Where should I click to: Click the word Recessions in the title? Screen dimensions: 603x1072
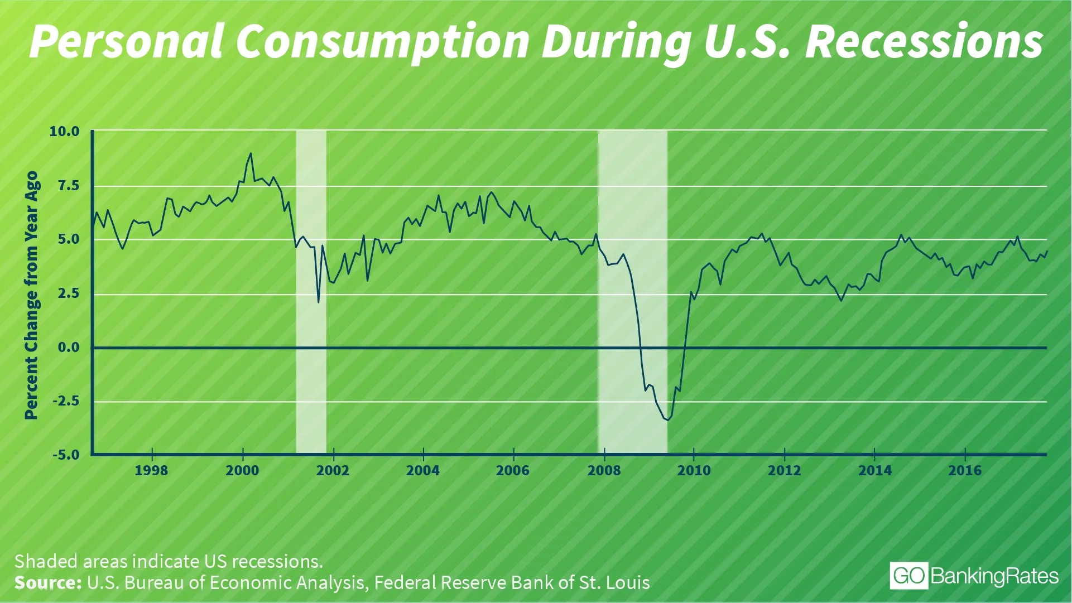(924, 42)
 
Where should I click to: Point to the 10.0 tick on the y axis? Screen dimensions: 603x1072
(65, 132)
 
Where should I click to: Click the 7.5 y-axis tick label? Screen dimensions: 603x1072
(69, 186)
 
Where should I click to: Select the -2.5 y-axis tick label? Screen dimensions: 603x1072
(66, 401)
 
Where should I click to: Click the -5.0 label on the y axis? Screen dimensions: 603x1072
(66, 455)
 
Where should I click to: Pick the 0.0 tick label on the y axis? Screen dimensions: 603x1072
(69, 348)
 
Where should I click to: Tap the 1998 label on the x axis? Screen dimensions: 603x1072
(151, 471)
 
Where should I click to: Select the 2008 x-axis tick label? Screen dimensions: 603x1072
(604, 471)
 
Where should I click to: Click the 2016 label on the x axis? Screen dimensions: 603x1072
(965, 471)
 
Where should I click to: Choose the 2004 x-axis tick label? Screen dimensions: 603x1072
(423, 471)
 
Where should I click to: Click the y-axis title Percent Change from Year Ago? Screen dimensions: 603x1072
(31, 295)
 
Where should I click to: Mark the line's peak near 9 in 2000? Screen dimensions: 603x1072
(251, 153)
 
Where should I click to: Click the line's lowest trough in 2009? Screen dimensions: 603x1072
(667, 420)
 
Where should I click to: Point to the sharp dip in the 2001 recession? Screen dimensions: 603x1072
(318, 302)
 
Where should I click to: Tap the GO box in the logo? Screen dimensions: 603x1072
(909, 576)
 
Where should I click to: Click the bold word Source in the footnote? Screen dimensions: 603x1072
(48, 583)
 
